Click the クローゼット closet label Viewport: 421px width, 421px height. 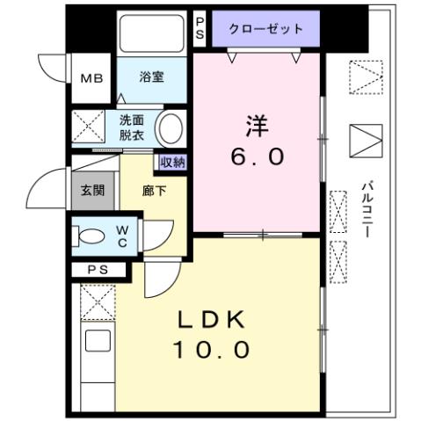tap(265, 29)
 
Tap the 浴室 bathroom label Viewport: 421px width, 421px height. tap(151, 77)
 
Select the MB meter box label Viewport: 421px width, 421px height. tap(91, 78)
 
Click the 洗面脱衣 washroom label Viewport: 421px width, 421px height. tap(133, 127)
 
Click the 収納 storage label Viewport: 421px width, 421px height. tap(172, 162)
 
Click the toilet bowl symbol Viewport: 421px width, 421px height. tap(90, 236)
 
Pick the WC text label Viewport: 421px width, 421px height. tap(123, 236)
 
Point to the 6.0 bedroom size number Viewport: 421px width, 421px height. tap(257, 157)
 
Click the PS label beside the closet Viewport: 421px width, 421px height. tap(200, 28)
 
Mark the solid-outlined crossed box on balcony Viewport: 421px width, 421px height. tap(366, 142)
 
